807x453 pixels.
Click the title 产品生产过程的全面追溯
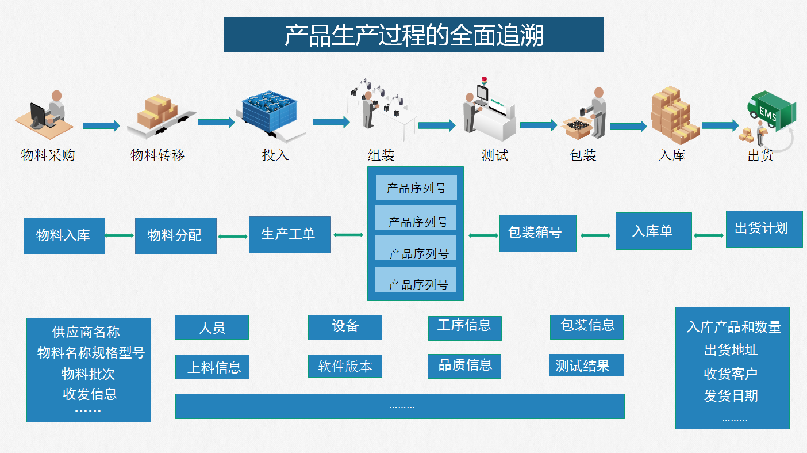coord(414,35)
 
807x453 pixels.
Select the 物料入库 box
coord(64,235)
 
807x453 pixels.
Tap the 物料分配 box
coord(175,235)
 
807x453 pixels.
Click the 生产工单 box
coord(289,234)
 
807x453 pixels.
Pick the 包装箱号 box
coord(537,233)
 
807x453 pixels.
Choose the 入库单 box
coord(654,231)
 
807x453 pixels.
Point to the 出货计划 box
coord(764,229)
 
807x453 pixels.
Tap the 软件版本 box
coord(345,366)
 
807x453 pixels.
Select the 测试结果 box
coord(586,366)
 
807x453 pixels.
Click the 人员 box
coord(212,328)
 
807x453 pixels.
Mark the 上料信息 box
coord(212,367)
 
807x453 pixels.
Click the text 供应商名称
coord(86,332)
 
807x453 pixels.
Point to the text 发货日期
coord(731,396)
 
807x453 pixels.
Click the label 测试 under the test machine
coord(494,155)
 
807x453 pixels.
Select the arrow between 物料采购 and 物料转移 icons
coord(101,125)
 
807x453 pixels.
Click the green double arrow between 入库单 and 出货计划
coord(709,235)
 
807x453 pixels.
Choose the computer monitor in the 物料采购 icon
coord(38,114)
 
